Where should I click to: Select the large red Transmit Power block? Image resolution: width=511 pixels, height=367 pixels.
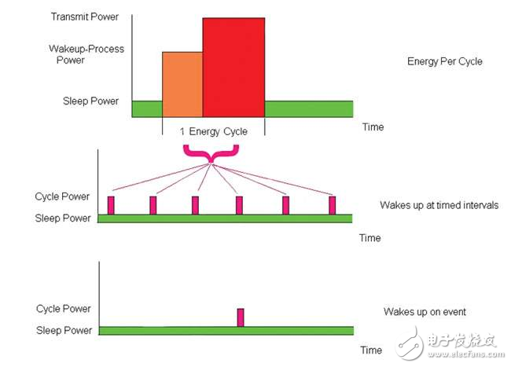pyautogui.click(x=233, y=67)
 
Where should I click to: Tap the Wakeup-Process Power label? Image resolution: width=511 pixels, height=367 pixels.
pyautogui.click(x=86, y=54)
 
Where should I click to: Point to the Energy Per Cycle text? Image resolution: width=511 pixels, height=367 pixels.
pyautogui.click(x=444, y=61)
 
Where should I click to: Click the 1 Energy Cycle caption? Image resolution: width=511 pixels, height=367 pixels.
pyautogui.click(x=213, y=132)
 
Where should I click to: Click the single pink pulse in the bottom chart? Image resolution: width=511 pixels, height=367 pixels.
pyautogui.click(x=241, y=317)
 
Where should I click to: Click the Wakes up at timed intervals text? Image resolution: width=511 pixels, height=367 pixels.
pyautogui.click(x=439, y=205)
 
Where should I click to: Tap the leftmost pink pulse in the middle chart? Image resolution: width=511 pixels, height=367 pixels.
pyautogui.click(x=111, y=205)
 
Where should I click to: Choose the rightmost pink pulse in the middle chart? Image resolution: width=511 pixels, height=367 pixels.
pyautogui.click(x=333, y=205)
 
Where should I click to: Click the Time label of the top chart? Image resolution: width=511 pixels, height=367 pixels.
pyautogui.click(x=373, y=127)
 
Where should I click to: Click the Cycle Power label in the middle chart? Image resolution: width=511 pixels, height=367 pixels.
pyautogui.click(x=63, y=196)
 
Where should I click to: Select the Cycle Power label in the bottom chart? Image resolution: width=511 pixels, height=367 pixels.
pyautogui.click(x=63, y=309)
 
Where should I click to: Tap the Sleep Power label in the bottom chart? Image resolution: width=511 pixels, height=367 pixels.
pyautogui.click(x=63, y=331)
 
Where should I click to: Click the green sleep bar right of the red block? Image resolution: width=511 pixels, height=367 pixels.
pyautogui.click(x=308, y=108)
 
